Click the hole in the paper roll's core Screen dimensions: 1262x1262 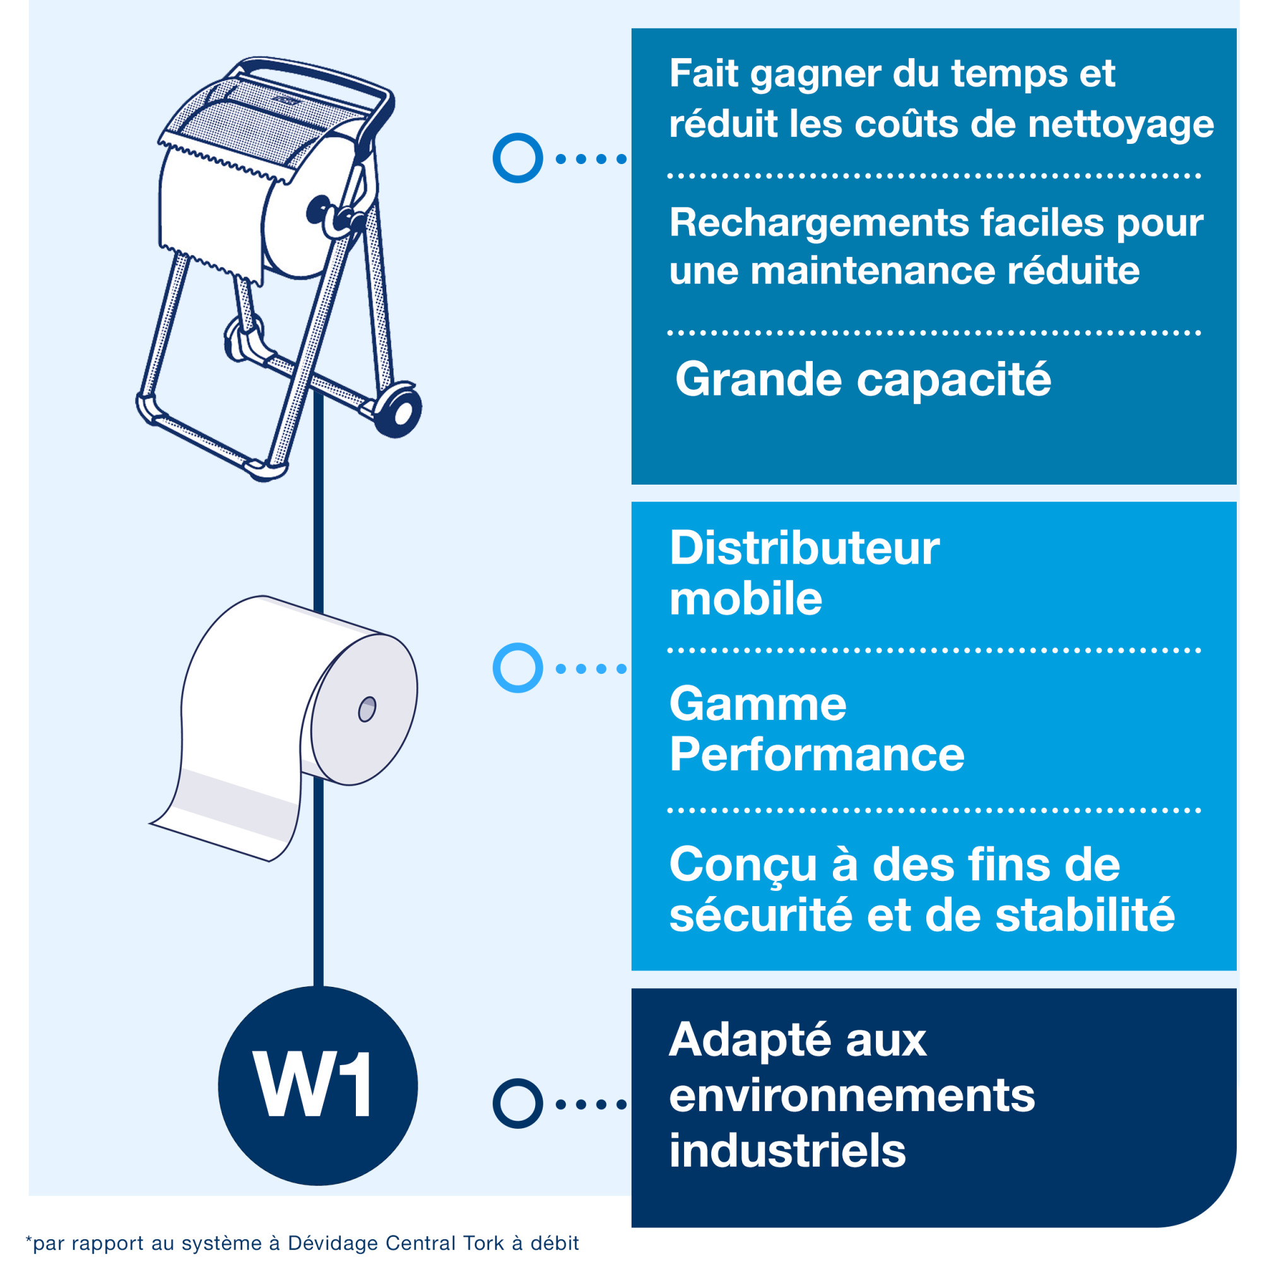click(x=367, y=709)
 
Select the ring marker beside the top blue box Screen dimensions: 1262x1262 click(x=517, y=158)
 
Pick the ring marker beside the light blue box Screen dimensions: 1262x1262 click(x=517, y=668)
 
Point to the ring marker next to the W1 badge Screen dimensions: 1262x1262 click(x=517, y=1103)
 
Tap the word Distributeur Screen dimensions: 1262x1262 click(x=804, y=548)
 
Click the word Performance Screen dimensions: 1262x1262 click(x=817, y=755)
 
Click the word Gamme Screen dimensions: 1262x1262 click(x=758, y=704)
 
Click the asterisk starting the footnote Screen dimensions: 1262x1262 click(x=29, y=1239)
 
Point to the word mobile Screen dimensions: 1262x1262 click(x=745, y=599)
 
